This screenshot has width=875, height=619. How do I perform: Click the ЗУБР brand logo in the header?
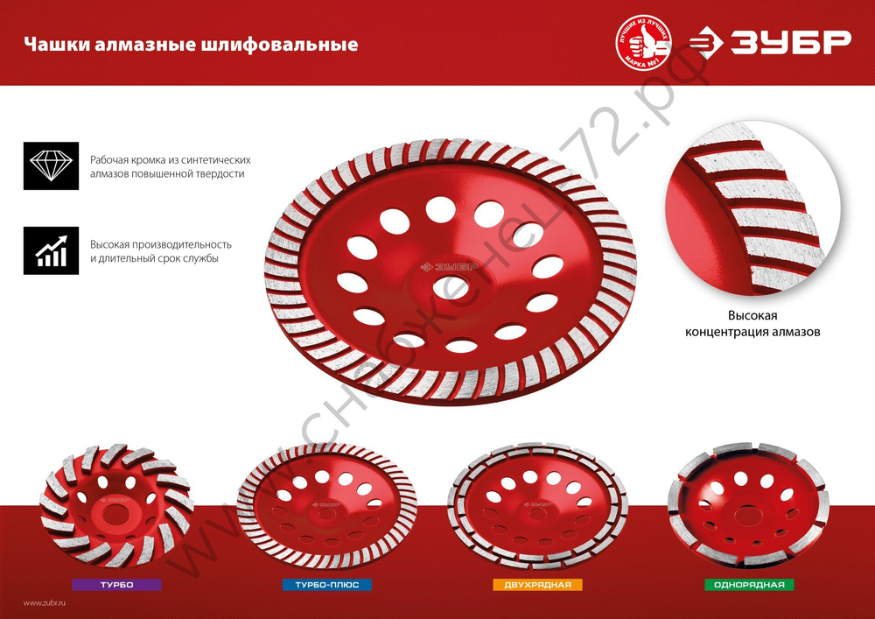[x=770, y=42]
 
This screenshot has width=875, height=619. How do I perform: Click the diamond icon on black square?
[x=51, y=165]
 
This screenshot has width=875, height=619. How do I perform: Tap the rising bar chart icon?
[x=51, y=250]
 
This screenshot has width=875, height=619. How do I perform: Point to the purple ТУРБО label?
[x=117, y=584]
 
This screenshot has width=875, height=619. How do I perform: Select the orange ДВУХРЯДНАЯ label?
[x=537, y=584]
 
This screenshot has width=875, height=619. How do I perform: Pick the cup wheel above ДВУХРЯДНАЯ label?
[x=537, y=506]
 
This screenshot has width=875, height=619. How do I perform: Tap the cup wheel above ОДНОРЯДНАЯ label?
[x=747, y=506]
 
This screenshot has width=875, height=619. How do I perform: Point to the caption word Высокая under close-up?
[x=752, y=315]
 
